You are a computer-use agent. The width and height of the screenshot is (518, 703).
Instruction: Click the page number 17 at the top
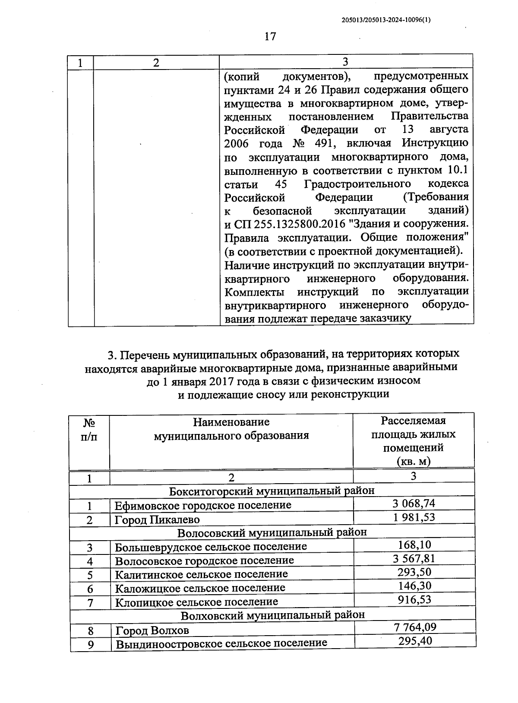(x=270, y=36)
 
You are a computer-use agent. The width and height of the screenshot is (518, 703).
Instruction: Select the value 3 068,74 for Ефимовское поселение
(x=414, y=503)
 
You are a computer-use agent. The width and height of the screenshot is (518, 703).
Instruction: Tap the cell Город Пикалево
(x=157, y=519)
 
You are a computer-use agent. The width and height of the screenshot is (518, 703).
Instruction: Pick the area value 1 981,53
(x=414, y=517)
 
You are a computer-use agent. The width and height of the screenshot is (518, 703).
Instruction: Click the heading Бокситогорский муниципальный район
(x=272, y=491)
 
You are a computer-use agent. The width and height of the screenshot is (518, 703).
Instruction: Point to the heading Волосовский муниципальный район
(x=272, y=532)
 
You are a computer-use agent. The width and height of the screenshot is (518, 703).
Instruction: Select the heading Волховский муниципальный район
(x=272, y=614)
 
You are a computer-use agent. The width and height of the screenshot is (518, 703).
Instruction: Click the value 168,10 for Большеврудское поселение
(x=414, y=545)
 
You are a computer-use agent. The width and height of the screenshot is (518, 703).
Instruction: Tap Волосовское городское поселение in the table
(x=204, y=560)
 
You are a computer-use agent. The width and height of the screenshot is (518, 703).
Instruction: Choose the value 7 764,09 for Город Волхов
(x=415, y=627)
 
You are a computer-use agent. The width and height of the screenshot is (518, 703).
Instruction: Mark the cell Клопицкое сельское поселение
(x=196, y=602)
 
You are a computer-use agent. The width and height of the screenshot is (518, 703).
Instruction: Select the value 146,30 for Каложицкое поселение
(x=414, y=586)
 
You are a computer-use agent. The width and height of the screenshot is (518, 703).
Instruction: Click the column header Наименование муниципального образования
(x=231, y=428)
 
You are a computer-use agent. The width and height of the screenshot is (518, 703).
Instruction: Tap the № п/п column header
(x=89, y=429)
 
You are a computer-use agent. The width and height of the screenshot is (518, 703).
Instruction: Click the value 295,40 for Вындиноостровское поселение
(x=415, y=641)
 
